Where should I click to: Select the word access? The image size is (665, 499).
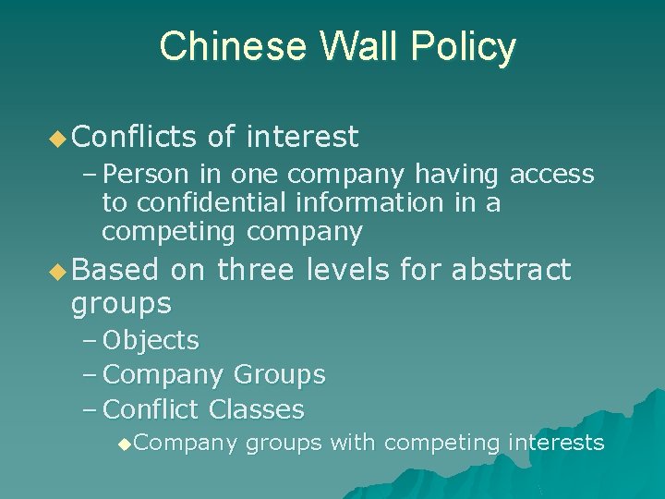point(551,174)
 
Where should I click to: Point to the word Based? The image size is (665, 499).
point(114,270)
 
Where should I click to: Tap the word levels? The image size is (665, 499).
point(351,270)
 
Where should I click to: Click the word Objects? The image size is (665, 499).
point(151,341)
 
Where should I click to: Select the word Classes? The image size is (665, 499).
point(256,409)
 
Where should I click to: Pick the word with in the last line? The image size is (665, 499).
point(353,443)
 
